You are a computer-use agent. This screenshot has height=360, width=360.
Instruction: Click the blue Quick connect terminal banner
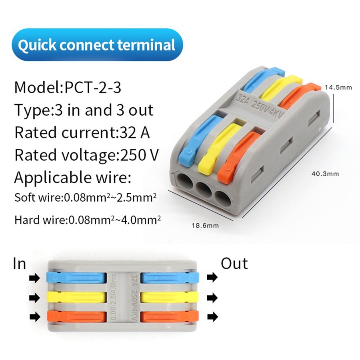pyautogui.click(x=97, y=44)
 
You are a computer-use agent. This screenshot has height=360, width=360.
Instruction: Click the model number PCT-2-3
pyautogui.click(x=93, y=88)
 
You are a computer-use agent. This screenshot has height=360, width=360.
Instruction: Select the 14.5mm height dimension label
pyautogui.click(x=338, y=87)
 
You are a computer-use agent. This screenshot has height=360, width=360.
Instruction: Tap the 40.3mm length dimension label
pyautogui.click(x=325, y=174)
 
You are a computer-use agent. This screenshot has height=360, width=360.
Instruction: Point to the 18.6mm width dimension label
pyautogui.click(x=205, y=226)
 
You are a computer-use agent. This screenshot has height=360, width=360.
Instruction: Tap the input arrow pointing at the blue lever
pyautogui.click(x=34, y=278)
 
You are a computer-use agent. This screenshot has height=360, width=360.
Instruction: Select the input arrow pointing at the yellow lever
pyautogui.click(x=34, y=298)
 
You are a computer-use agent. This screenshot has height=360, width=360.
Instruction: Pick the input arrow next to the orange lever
pyautogui.click(x=35, y=317)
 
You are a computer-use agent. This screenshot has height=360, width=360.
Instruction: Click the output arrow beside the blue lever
pyautogui.click(x=212, y=277)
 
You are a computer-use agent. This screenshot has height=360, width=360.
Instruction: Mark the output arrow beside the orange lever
pyautogui.click(x=212, y=317)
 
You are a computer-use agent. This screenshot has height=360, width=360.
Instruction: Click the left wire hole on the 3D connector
pyautogui.click(x=185, y=182)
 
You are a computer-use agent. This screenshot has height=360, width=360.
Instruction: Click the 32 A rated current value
pyautogui.click(x=134, y=132)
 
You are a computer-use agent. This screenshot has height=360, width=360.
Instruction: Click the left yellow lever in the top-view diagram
pyautogui.click(x=76, y=297)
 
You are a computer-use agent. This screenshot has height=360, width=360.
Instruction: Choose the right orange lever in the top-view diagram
pyautogui.click(x=170, y=317)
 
